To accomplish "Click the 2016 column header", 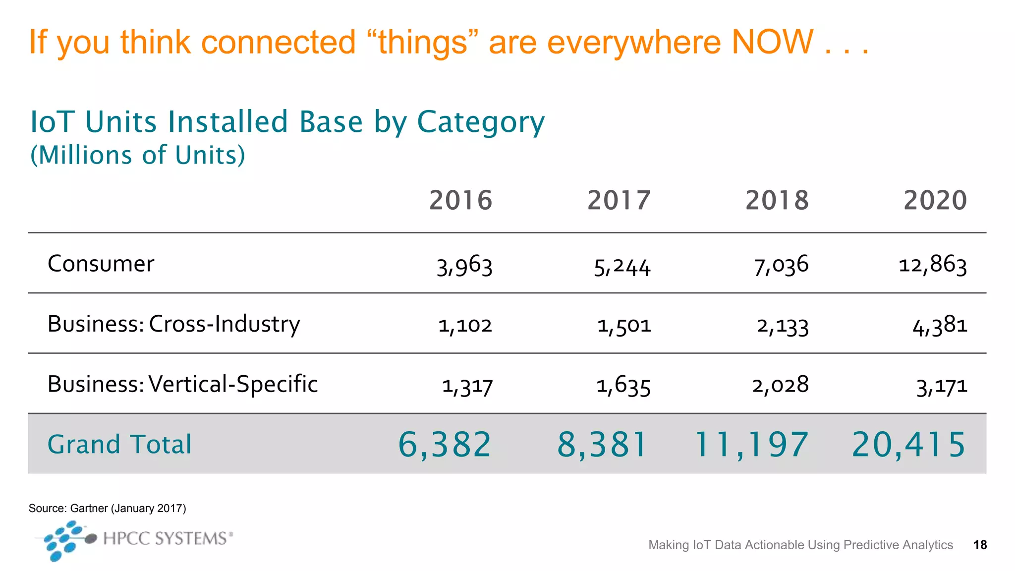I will [x=460, y=200].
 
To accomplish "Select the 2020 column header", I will [x=935, y=200].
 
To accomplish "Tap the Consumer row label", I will [x=101, y=264].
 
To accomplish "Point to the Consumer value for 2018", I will [x=781, y=265].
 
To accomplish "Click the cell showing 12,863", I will [x=932, y=265].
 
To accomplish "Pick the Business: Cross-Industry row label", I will [x=173, y=324].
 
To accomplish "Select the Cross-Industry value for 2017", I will [x=623, y=326].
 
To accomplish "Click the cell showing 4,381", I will [x=940, y=326].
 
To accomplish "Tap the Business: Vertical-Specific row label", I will [x=182, y=384].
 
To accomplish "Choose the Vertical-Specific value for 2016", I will [x=467, y=386].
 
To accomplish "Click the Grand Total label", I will [x=119, y=444].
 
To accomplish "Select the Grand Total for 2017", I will [x=602, y=444].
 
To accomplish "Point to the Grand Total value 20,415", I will [x=908, y=444].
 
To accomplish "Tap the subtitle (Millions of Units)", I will [x=138, y=155].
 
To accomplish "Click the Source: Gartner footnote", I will [x=107, y=508].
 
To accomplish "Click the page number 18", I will [x=980, y=545].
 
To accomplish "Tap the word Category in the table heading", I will [x=480, y=122].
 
